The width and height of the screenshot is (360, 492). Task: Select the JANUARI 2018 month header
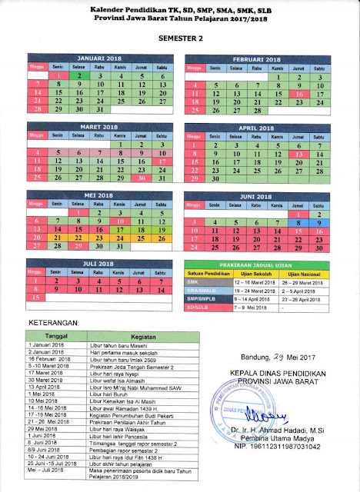pos(97,58)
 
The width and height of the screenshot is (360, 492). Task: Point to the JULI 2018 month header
pos(97,263)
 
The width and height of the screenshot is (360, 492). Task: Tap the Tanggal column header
pos(52,335)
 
